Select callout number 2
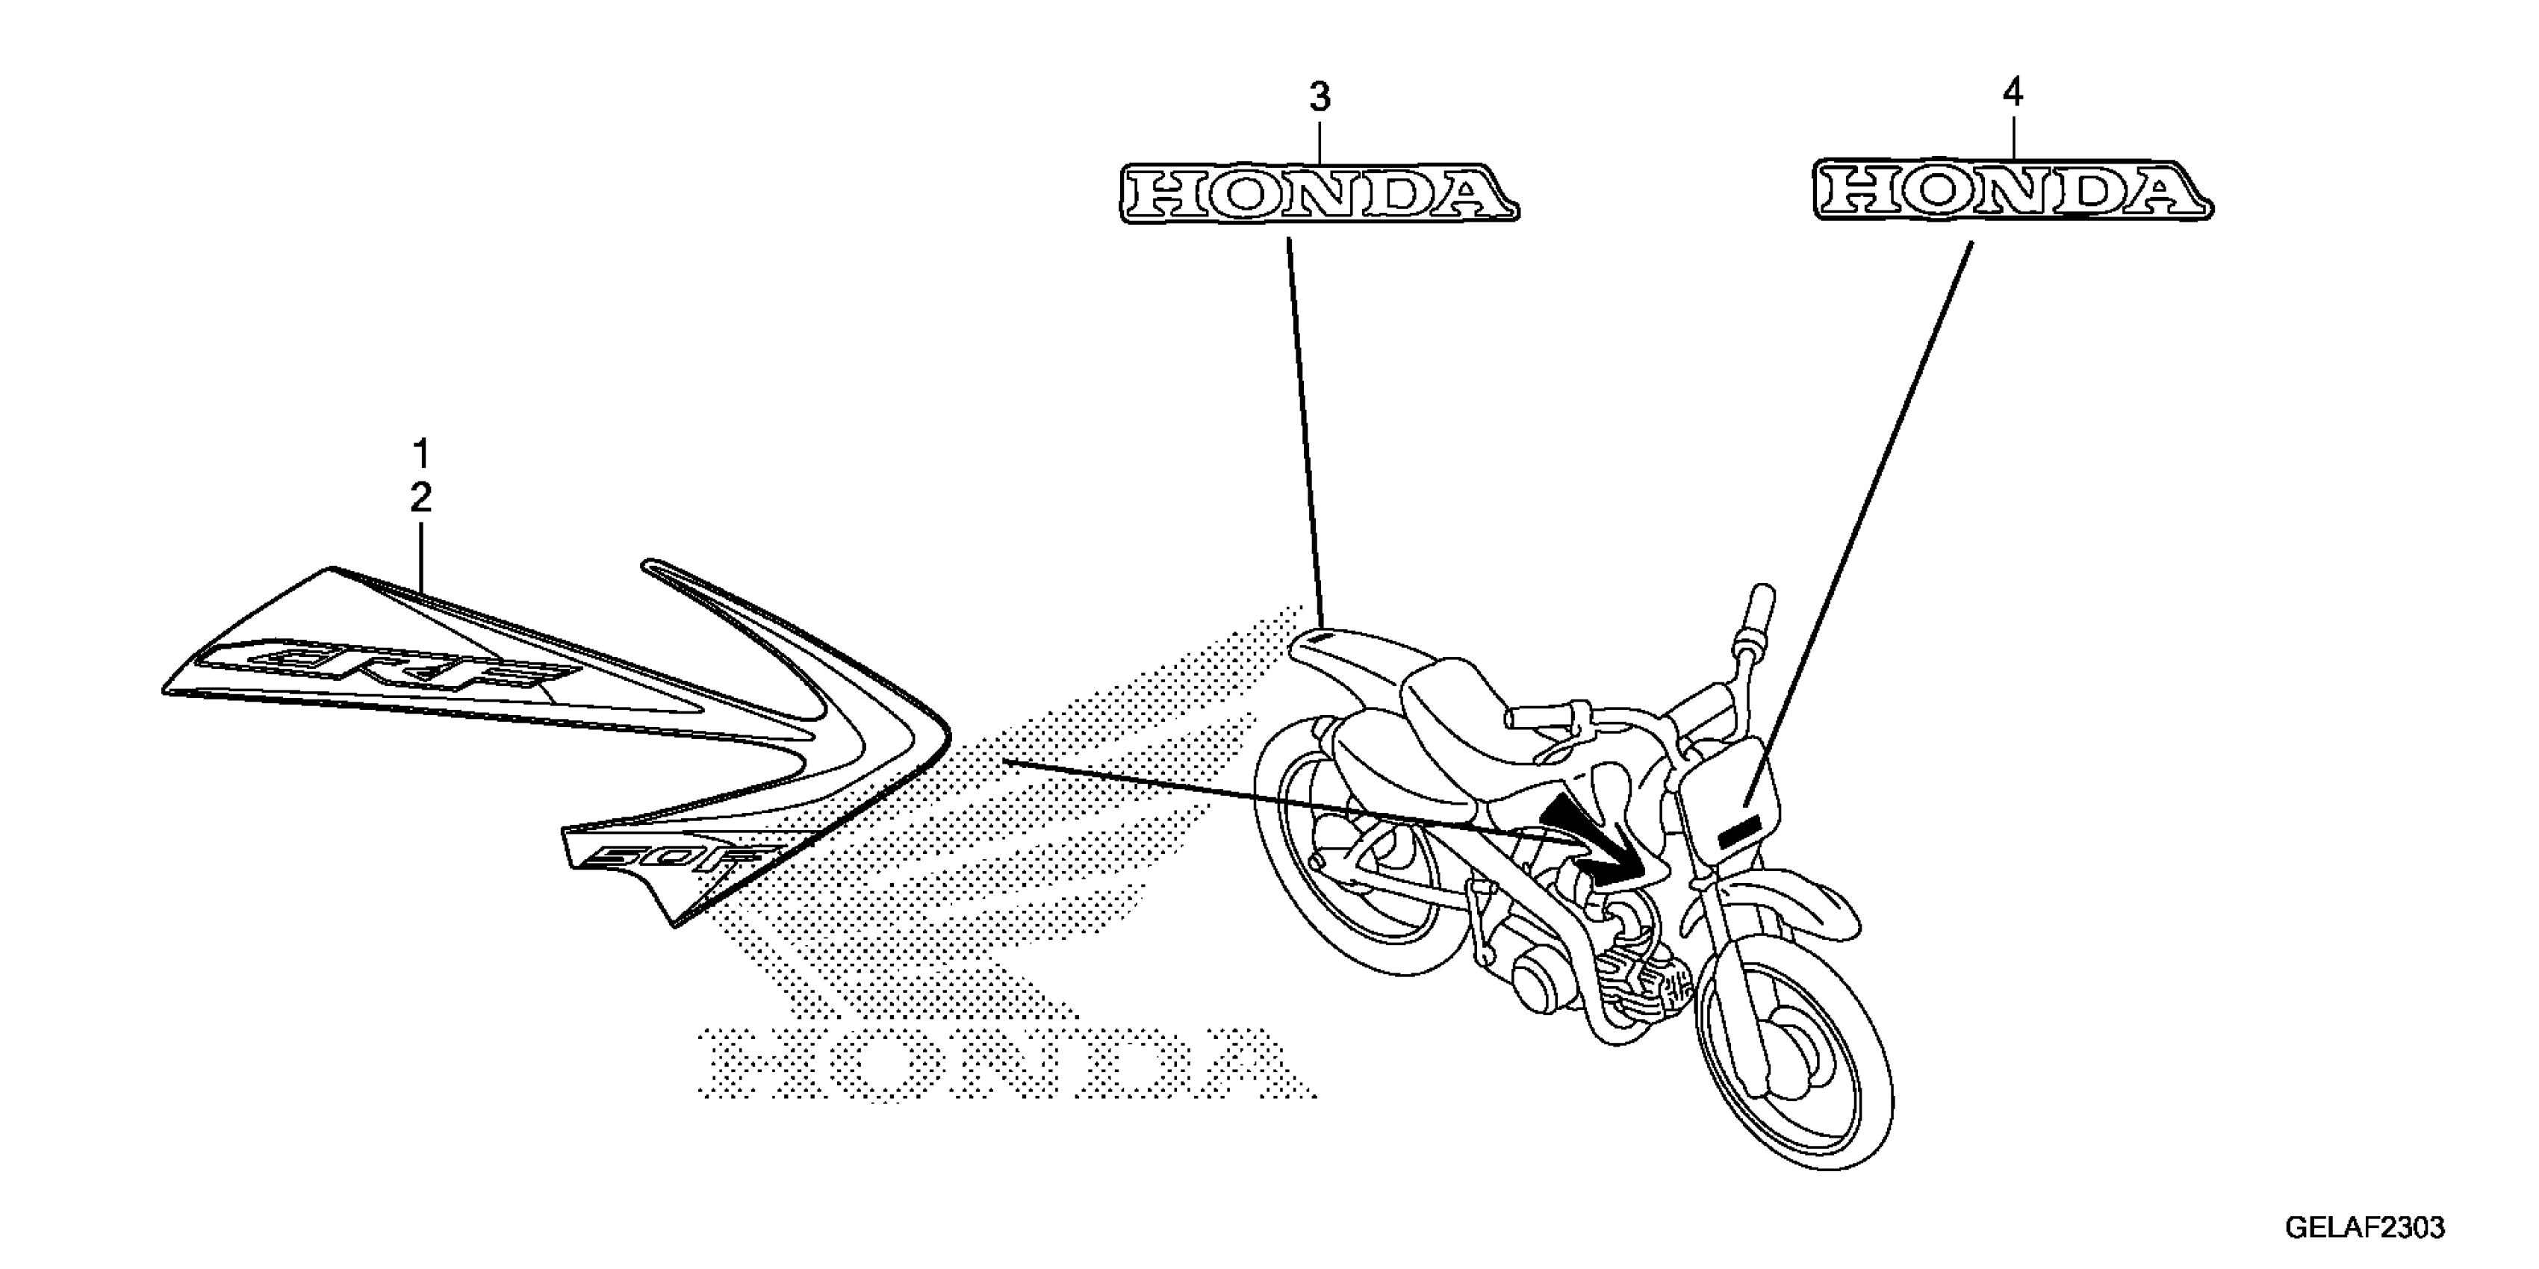point(421,499)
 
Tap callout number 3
point(1319,98)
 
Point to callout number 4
point(2013,93)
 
